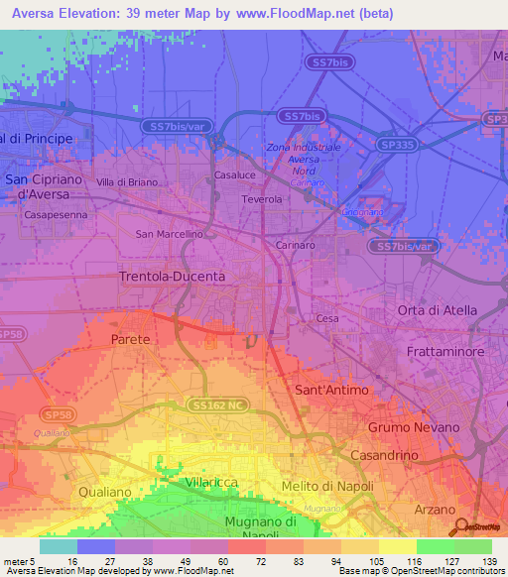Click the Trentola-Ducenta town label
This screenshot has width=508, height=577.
(172, 276)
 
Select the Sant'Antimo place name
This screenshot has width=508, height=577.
(332, 391)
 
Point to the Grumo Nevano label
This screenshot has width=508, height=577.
(414, 426)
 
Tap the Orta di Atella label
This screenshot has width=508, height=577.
(437, 310)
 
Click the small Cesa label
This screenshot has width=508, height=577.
(327, 318)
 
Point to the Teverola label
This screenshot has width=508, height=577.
(263, 199)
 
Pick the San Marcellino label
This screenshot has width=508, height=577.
(169, 234)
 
